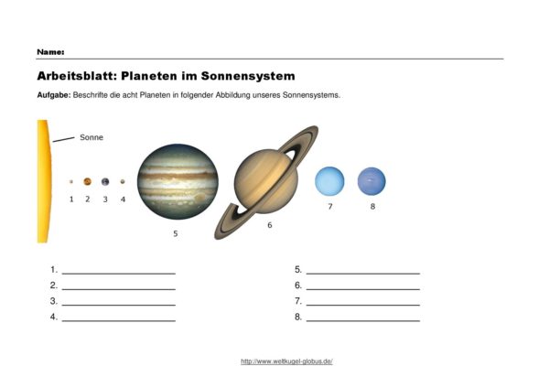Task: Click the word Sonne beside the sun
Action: point(91,137)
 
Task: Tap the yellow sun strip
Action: point(44,181)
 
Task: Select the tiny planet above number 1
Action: point(71,181)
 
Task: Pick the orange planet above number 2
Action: point(88,181)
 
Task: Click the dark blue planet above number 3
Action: point(105,181)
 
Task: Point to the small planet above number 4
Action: point(123,181)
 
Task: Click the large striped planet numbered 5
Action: point(178,181)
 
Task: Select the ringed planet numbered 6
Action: point(266,181)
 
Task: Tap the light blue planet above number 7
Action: point(329,181)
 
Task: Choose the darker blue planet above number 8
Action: point(371,181)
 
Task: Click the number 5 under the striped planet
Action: point(176,233)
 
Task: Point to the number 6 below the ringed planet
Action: point(270,225)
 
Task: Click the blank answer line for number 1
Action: point(119,274)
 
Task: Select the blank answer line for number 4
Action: point(119,320)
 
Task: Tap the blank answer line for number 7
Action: point(363,305)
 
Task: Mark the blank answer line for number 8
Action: point(363,320)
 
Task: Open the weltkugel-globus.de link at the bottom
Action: point(286,361)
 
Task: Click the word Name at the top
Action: point(50,52)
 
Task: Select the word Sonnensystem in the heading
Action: point(248,76)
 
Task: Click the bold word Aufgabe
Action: point(54,95)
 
